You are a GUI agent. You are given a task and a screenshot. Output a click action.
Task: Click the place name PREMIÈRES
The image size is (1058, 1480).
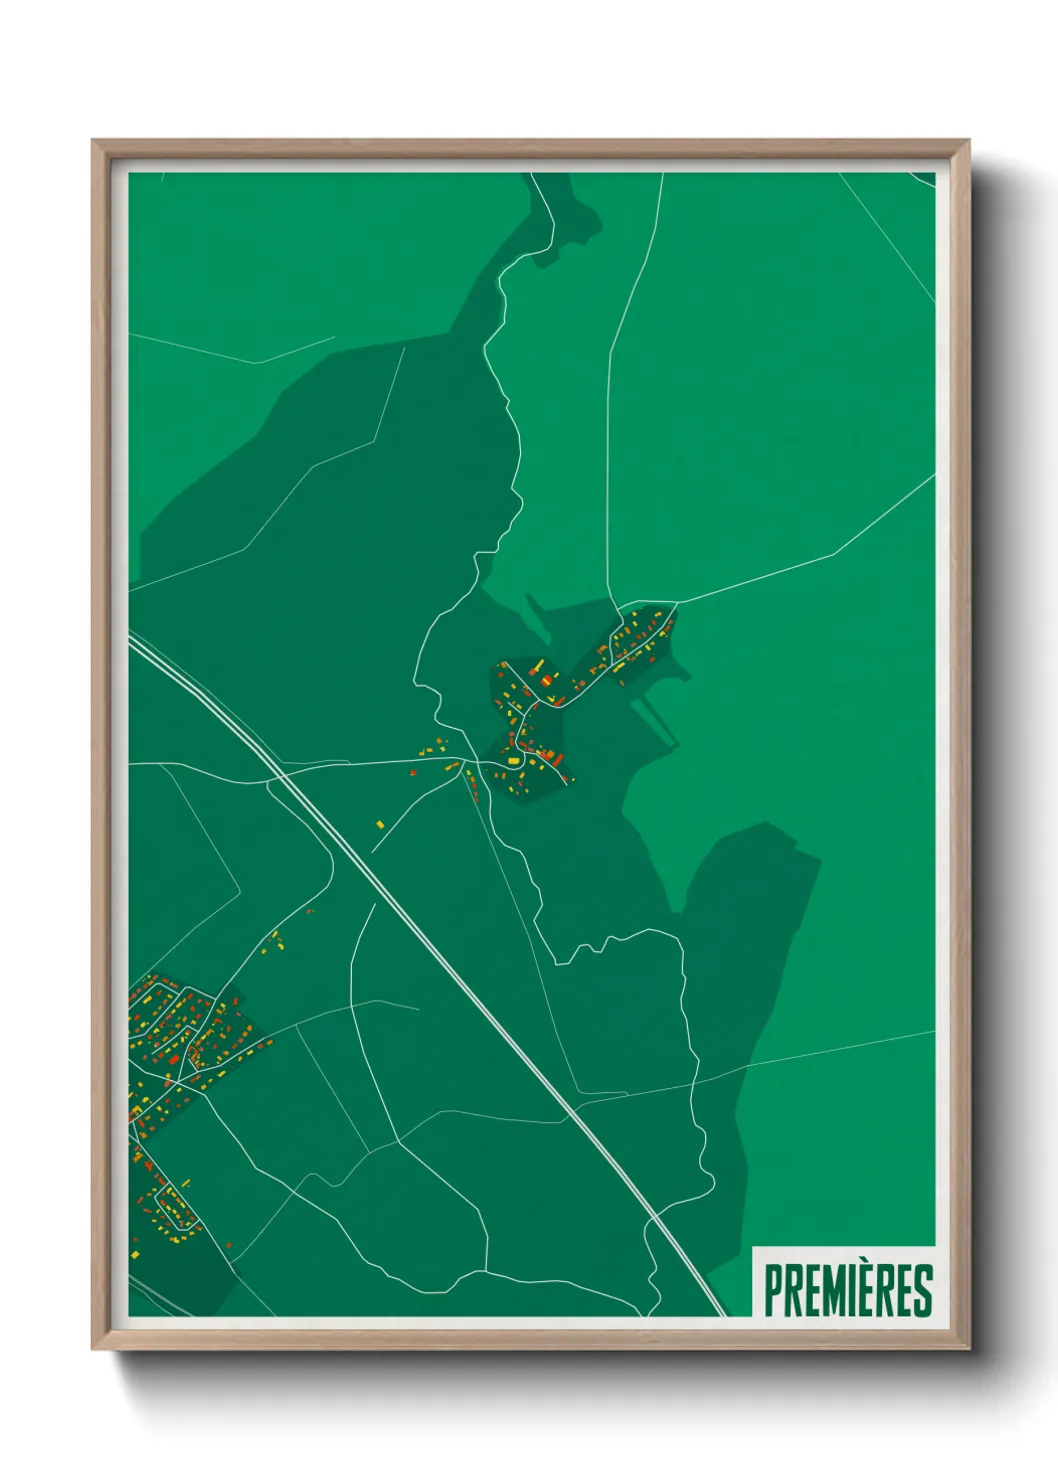click(x=848, y=1290)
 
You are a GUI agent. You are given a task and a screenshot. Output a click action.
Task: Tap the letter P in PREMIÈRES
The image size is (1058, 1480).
click(x=774, y=1291)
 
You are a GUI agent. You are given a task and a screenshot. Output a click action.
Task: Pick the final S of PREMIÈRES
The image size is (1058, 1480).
click(x=923, y=1291)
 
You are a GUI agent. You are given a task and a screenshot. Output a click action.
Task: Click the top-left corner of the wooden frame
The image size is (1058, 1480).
click(x=93, y=141)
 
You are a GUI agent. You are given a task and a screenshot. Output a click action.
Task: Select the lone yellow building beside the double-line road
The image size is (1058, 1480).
click(x=380, y=824)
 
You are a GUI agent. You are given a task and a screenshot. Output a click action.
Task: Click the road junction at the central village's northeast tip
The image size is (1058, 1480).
click(x=677, y=603)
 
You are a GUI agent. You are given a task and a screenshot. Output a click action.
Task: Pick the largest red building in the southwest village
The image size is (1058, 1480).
click(x=173, y=1059)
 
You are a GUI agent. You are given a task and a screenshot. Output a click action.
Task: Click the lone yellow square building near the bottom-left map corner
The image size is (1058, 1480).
click(x=136, y=1253)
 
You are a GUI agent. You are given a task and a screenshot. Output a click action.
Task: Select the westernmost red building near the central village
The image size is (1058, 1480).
click(x=412, y=772)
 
